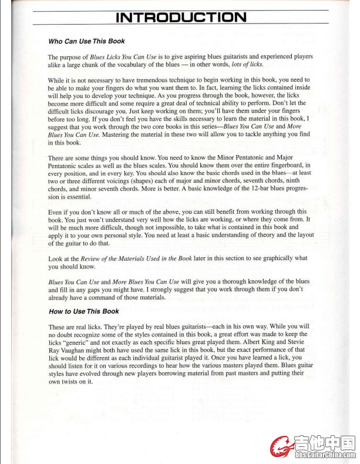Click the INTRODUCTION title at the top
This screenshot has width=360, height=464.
(181, 17)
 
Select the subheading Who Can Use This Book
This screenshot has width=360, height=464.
(86, 42)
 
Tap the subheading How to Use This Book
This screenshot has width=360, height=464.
(83, 311)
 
